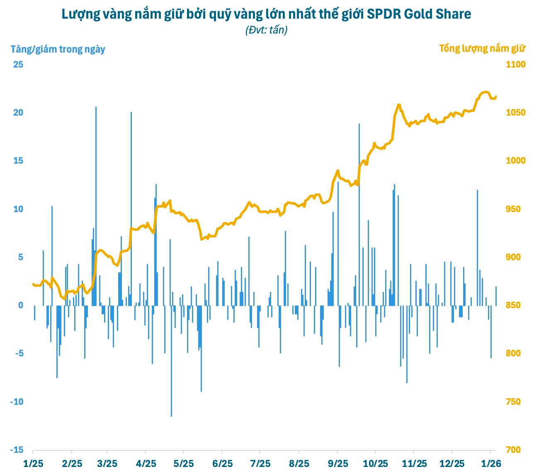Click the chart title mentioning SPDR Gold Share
click(266, 14)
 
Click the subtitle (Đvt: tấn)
click(266, 30)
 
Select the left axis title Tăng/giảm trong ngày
click(58, 49)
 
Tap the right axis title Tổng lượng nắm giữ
click(482, 48)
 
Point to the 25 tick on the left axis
click(18, 65)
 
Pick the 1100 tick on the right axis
click(515, 65)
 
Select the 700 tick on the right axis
click(513, 450)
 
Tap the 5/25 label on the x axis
click(183, 464)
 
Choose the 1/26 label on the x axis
click(491, 464)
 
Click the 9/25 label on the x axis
click(338, 464)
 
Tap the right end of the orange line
click(496, 96)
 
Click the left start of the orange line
click(33, 284)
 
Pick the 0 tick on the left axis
click(21, 305)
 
